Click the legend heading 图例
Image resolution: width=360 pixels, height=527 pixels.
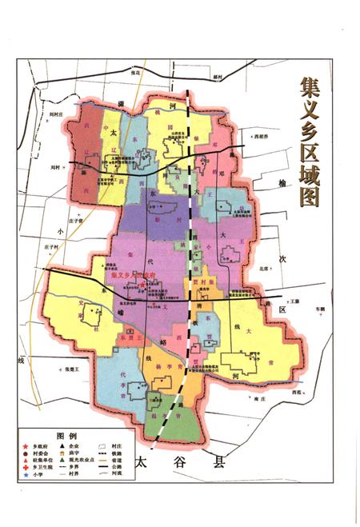[x=65, y=436]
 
